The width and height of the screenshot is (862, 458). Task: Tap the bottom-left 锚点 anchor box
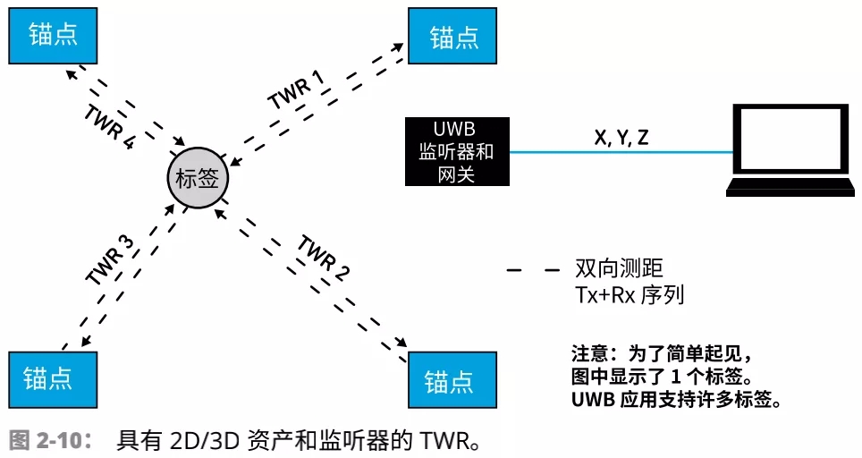pyautogui.click(x=53, y=379)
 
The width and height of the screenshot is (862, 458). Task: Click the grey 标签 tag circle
pyautogui.click(x=198, y=177)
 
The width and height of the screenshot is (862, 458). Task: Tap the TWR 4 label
pyautogui.click(x=109, y=128)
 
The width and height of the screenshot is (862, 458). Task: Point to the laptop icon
pyautogui.click(x=787, y=150)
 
